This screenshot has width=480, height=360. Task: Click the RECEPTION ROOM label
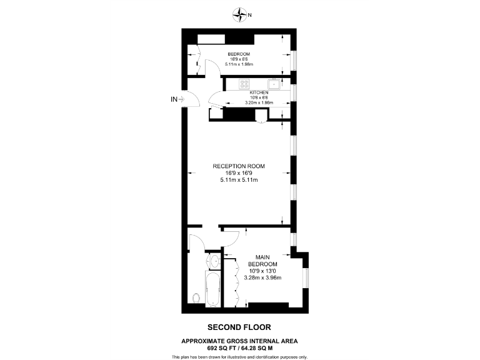point(239,166)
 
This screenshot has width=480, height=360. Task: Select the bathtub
point(214,289)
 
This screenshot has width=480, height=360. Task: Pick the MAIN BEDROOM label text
point(263,261)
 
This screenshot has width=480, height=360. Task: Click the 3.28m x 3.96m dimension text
point(263,278)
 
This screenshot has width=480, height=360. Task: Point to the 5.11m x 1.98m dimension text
point(239,64)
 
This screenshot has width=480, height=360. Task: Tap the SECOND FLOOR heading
point(239,327)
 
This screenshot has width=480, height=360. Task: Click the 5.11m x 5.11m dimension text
point(239,180)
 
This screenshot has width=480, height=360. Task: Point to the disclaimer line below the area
point(240,356)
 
